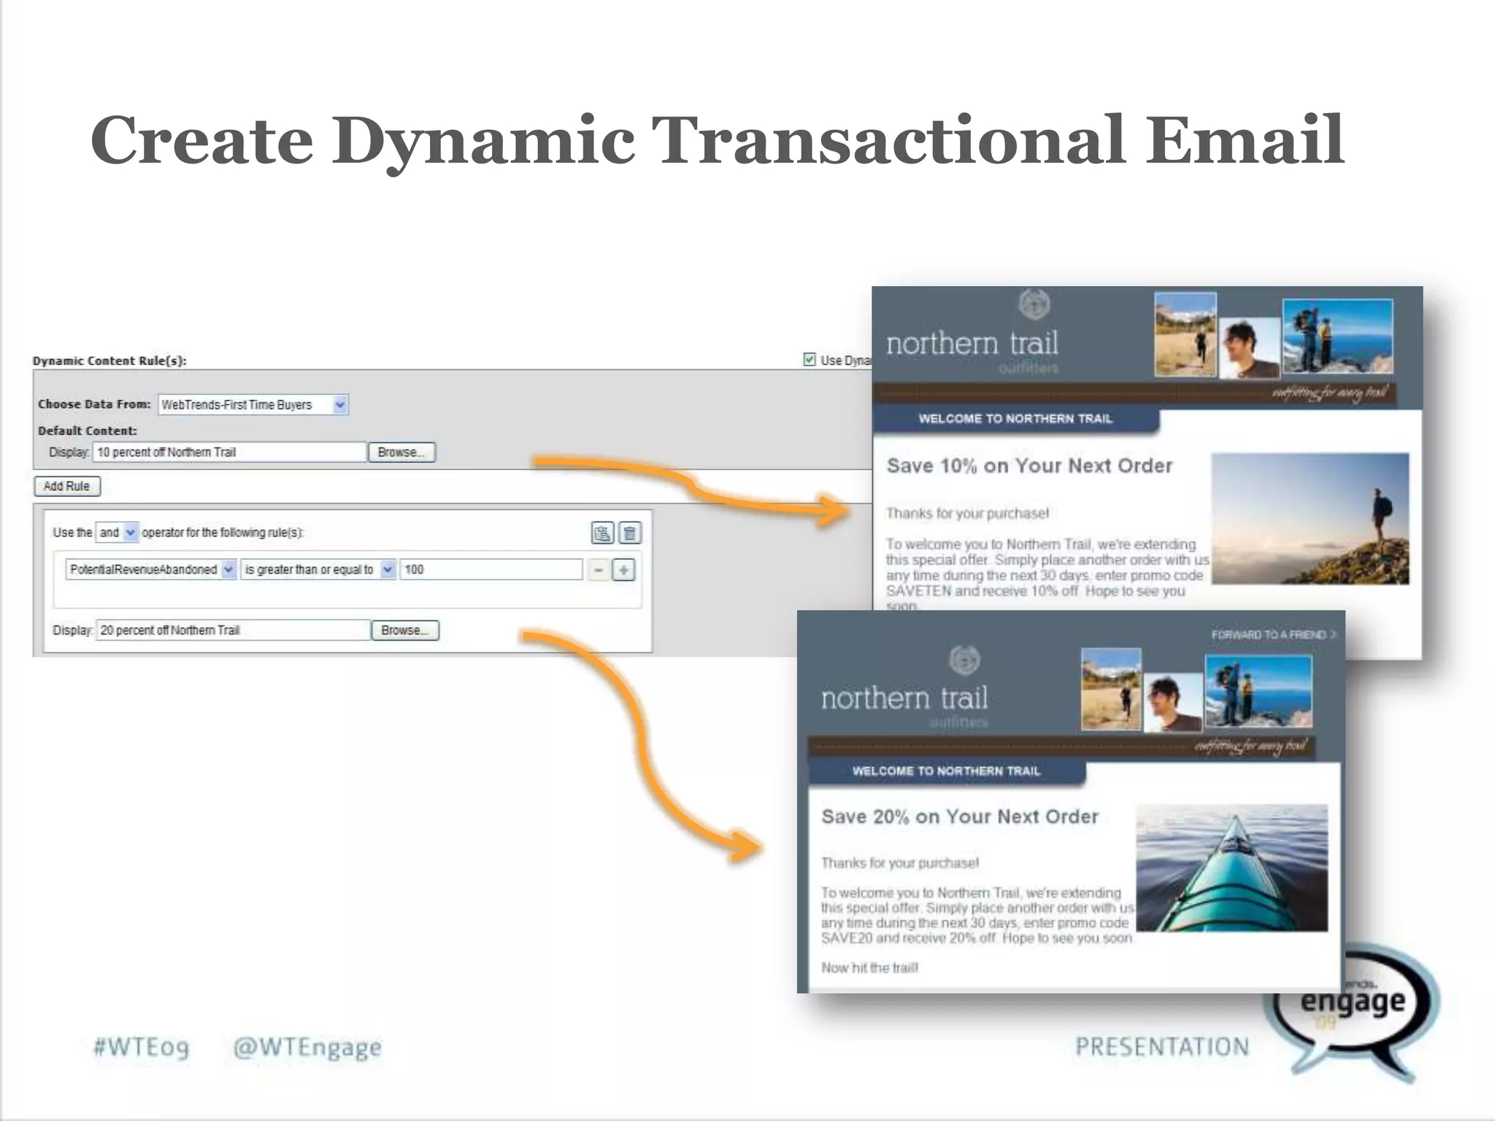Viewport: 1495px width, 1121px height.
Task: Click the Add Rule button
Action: (x=66, y=486)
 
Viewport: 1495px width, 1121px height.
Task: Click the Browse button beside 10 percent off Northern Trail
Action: (x=401, y=452)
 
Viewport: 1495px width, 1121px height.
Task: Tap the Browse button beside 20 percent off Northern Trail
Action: (x=404, y=631)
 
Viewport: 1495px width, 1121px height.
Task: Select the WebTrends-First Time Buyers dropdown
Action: (x=253, y=405)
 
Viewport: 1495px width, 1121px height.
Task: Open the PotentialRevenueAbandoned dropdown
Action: (x=150, y=570)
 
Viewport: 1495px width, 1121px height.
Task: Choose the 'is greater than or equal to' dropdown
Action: (x=318, y=570)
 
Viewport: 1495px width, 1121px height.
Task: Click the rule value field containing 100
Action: (x=491, y=570)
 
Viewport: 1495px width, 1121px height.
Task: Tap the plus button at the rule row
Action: (x=623, y=570)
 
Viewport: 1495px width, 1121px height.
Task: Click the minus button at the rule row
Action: (x=599, y=570)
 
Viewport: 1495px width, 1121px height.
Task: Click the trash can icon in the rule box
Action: (x=630, y=533)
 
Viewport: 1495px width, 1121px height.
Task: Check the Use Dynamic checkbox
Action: (x=809, y=360)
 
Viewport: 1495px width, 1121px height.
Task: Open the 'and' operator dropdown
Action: (x=117, y=533)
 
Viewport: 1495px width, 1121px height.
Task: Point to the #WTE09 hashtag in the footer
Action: (x=141, y=1047)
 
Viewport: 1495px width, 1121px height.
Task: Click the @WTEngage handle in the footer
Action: (x=307, y=1047)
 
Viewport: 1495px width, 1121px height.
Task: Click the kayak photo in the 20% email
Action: (x=1231, y=868)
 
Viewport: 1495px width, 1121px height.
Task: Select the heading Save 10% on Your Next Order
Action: (x=1029, y=466)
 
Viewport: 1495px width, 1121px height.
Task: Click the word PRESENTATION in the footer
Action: (x=1161, y=1047)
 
